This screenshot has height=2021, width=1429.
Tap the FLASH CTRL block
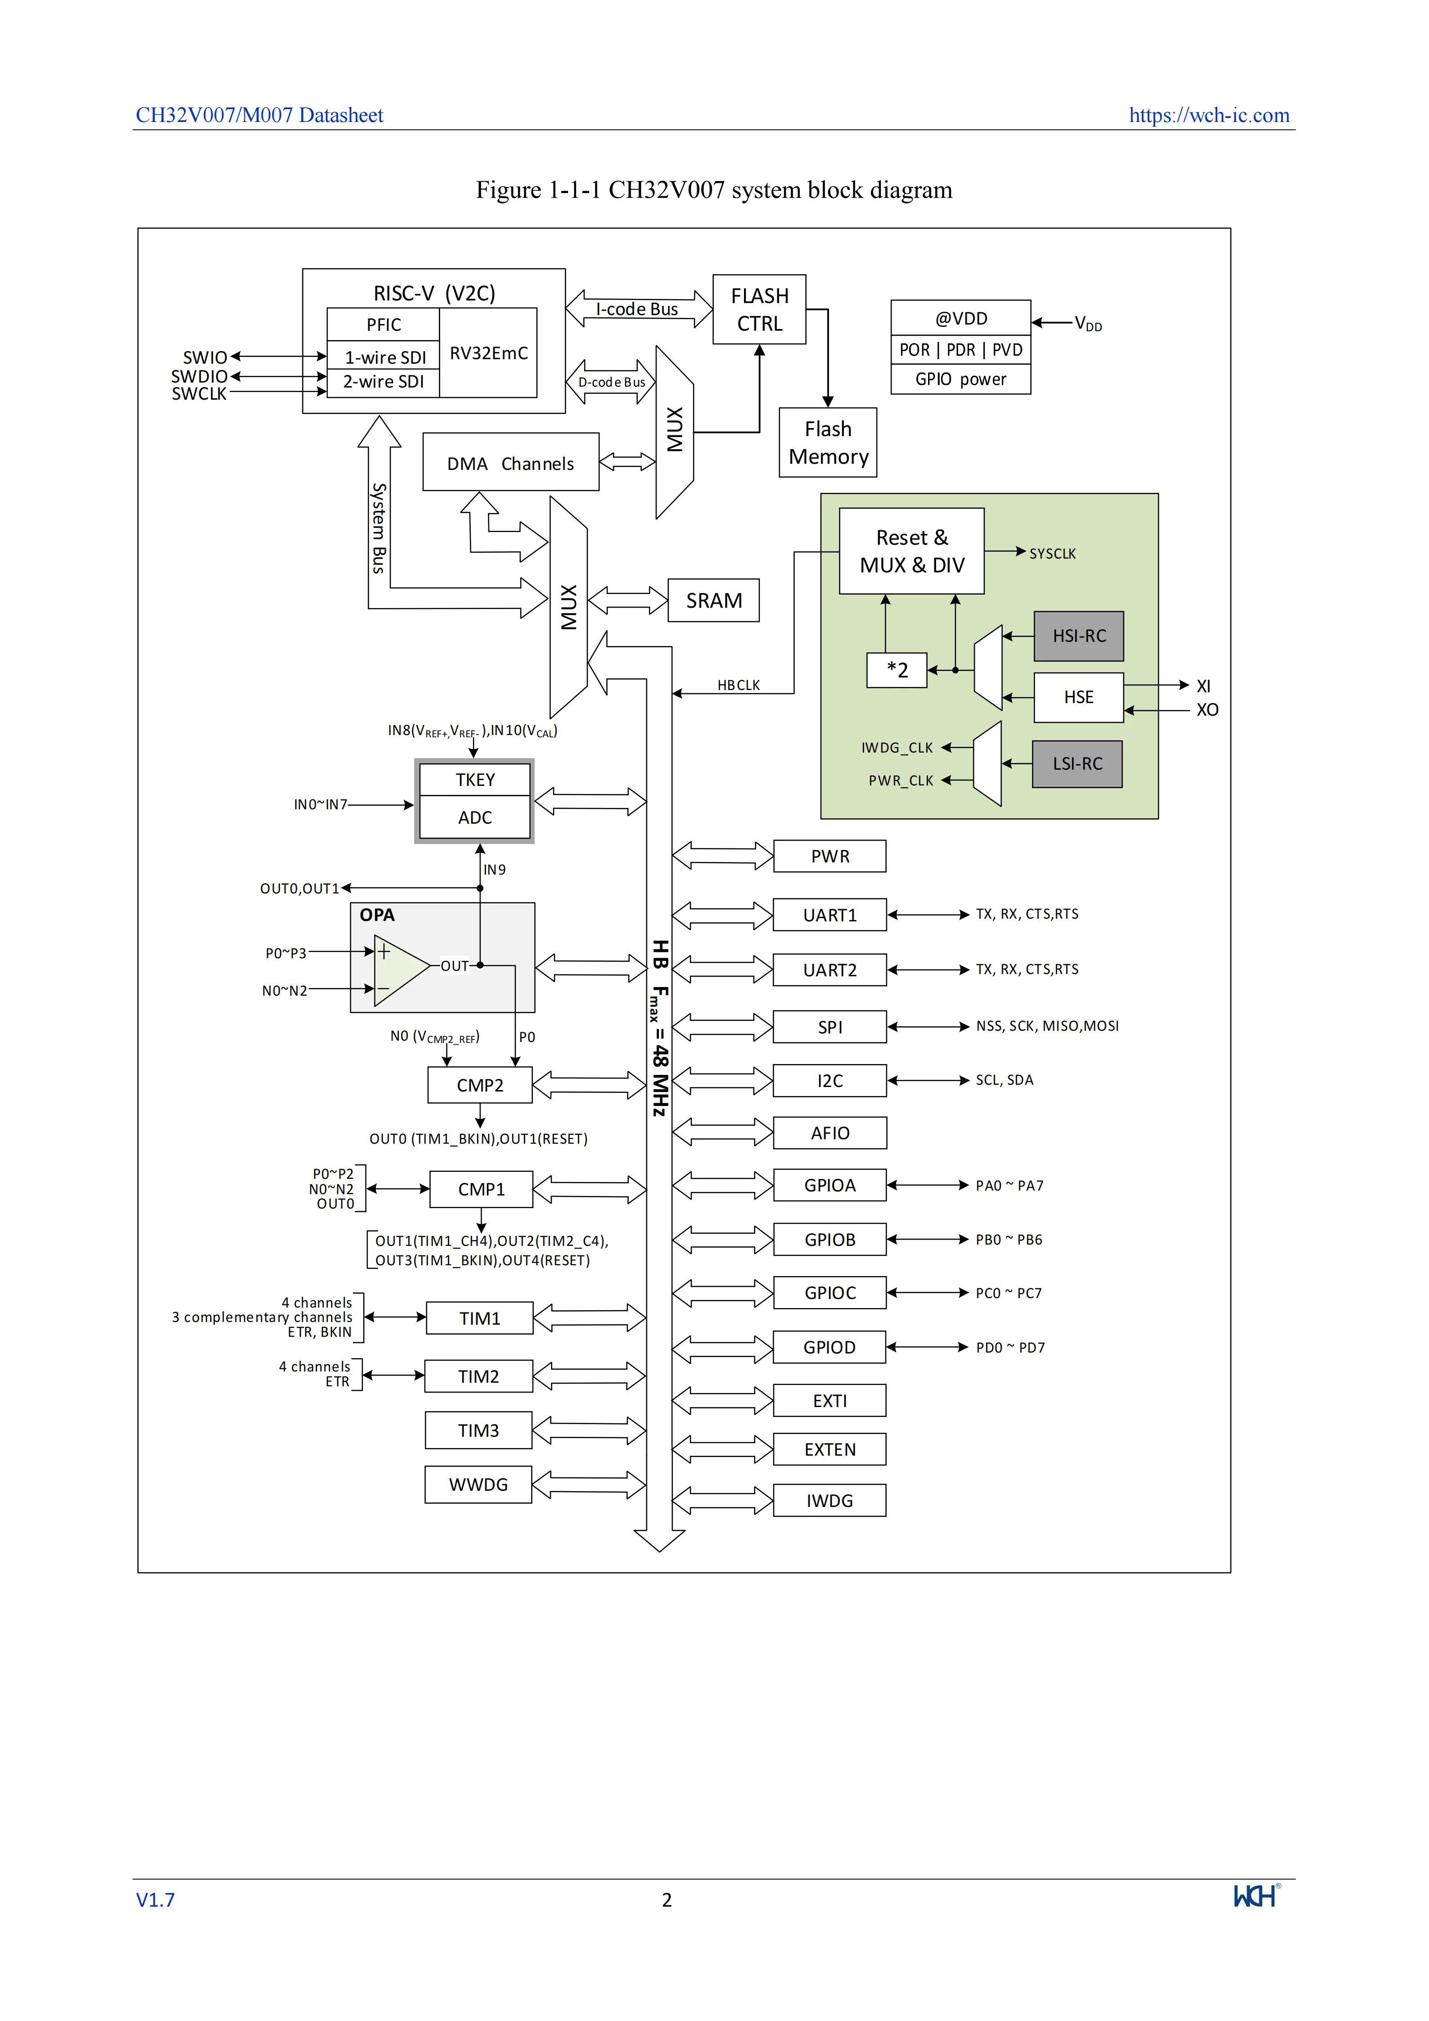759,310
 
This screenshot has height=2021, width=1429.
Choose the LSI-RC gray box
1077,763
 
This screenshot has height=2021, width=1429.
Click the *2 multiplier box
897,670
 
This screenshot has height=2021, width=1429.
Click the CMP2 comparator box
480,1084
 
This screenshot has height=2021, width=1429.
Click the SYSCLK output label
1052,554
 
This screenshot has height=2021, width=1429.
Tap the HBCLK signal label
738,685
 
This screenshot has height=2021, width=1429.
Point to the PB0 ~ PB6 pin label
1008,1239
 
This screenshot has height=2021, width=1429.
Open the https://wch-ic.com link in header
1209,115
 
